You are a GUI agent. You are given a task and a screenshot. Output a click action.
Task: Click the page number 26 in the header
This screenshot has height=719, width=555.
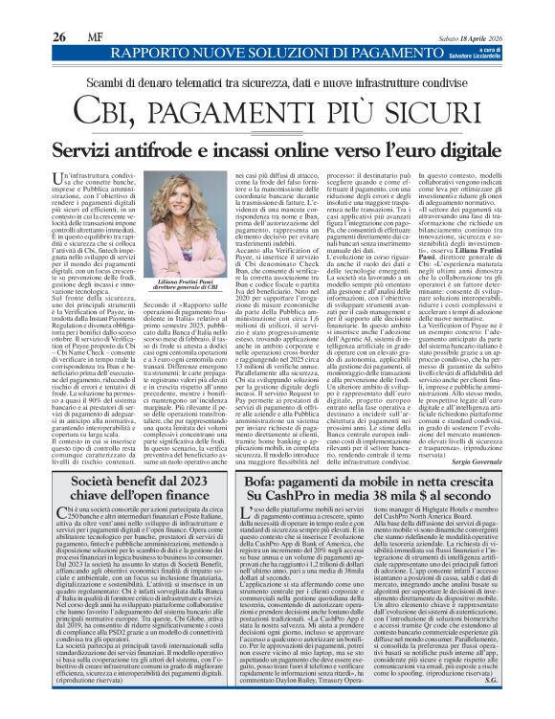[x=30, y=11]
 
